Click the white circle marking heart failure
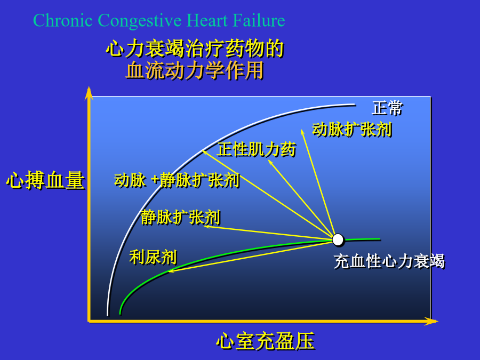click(338, 240)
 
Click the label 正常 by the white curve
click(387, 108)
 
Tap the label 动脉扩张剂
click(352, 129)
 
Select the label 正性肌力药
click(257, 150)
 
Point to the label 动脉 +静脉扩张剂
click(177, 180)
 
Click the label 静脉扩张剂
click(181, 218)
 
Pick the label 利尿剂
click(153, 257)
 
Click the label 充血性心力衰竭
click(389, 261)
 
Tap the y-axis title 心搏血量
click(45, 180)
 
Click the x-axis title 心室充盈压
click(266, 341)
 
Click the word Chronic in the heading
click(63, 20)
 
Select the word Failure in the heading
click(259, 20)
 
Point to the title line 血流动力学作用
click(195, 70)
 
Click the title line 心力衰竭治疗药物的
click(195, 49)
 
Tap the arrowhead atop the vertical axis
click(89, 93)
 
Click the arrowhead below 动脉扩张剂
click(302, 132)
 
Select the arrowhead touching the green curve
click(171, 270)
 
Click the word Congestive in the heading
click(140, 20)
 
